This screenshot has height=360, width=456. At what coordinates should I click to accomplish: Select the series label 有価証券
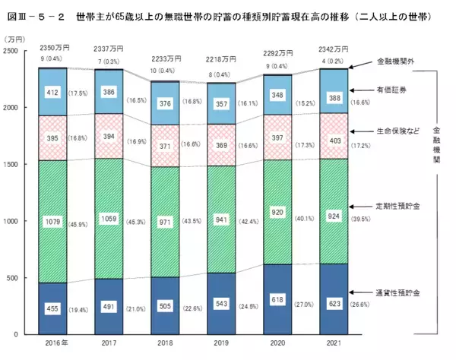[x=391, y=90]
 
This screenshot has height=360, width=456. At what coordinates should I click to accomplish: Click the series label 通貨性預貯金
[x=395, y=292]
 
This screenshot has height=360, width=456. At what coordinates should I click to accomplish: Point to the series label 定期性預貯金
[x=395, y=207]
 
